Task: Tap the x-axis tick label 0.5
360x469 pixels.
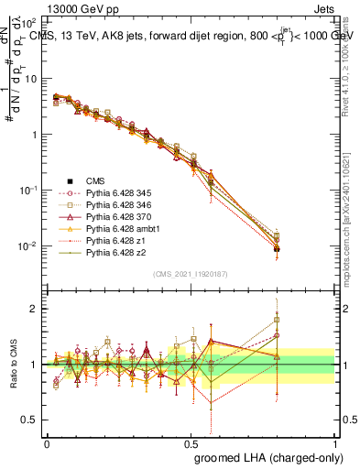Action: point(191,442)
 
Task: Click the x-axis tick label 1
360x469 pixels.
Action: point(335,442)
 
